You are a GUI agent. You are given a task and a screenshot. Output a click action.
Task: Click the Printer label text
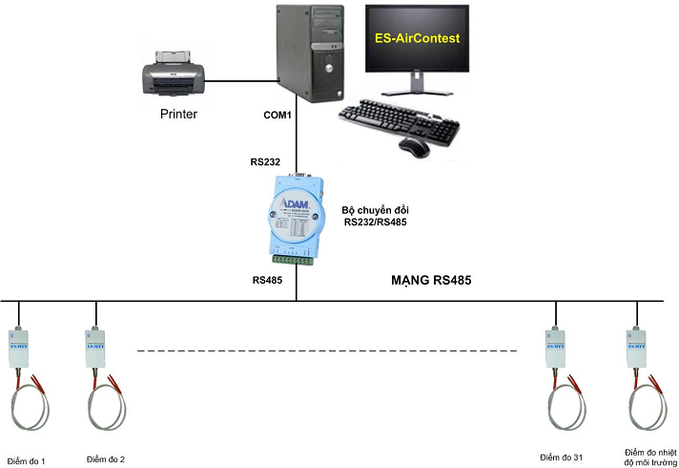[178, 115]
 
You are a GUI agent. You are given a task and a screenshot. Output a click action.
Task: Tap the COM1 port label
[278, 115]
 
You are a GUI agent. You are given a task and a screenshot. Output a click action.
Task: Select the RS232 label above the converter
[265, 162]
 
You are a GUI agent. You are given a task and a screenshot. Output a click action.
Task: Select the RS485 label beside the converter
[267, 281]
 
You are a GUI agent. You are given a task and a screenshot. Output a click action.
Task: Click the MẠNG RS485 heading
[431, 282]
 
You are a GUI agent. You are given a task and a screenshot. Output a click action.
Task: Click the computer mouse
[414, 147]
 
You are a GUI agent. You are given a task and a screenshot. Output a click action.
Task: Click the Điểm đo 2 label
[105, 459]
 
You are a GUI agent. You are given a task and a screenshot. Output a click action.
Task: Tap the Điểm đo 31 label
[561, 458]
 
